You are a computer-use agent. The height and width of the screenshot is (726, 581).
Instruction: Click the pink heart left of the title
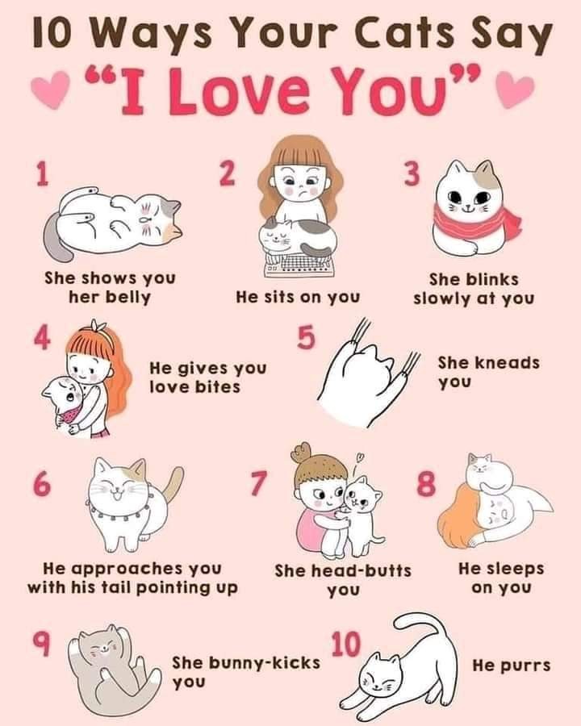[50, 90]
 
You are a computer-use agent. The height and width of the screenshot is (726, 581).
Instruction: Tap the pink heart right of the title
[516, 90]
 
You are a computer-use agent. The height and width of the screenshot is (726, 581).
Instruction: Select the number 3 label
[412, 173]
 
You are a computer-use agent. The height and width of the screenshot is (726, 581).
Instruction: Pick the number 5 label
[306, 337]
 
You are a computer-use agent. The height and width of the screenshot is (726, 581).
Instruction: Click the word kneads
[508, 362]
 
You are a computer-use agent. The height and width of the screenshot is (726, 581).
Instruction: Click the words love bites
[195, 386]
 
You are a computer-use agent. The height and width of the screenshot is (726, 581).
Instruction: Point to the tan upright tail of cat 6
[173, 487]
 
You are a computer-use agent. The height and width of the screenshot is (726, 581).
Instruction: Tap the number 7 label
[259, 483]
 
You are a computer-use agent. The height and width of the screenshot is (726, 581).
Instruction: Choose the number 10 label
[345, 645]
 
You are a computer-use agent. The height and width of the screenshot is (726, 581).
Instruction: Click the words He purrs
[512, 665]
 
